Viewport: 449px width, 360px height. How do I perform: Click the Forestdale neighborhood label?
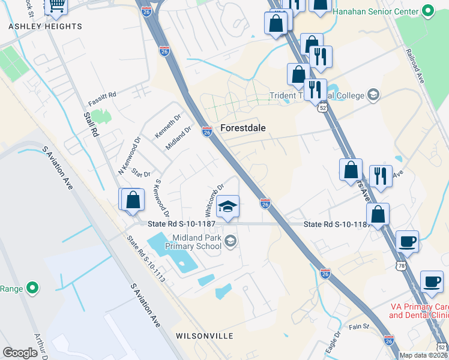pos(243,128)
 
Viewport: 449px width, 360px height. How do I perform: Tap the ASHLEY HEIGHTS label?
pos(45,26)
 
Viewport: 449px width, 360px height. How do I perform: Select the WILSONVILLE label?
pos(204,335)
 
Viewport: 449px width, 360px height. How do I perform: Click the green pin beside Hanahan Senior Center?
pos(428,10)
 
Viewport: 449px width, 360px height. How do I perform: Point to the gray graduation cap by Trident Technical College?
pos(373,95)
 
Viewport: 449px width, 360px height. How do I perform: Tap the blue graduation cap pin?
pos(228,206)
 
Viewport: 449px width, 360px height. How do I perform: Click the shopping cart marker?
pos(56,5)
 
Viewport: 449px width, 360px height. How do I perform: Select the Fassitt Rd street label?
pos(102,95)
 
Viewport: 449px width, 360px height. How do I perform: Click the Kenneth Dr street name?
pos(167,126)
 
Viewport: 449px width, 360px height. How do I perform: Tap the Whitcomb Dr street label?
pos(214,200)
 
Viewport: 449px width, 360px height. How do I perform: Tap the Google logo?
pos(20,353)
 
